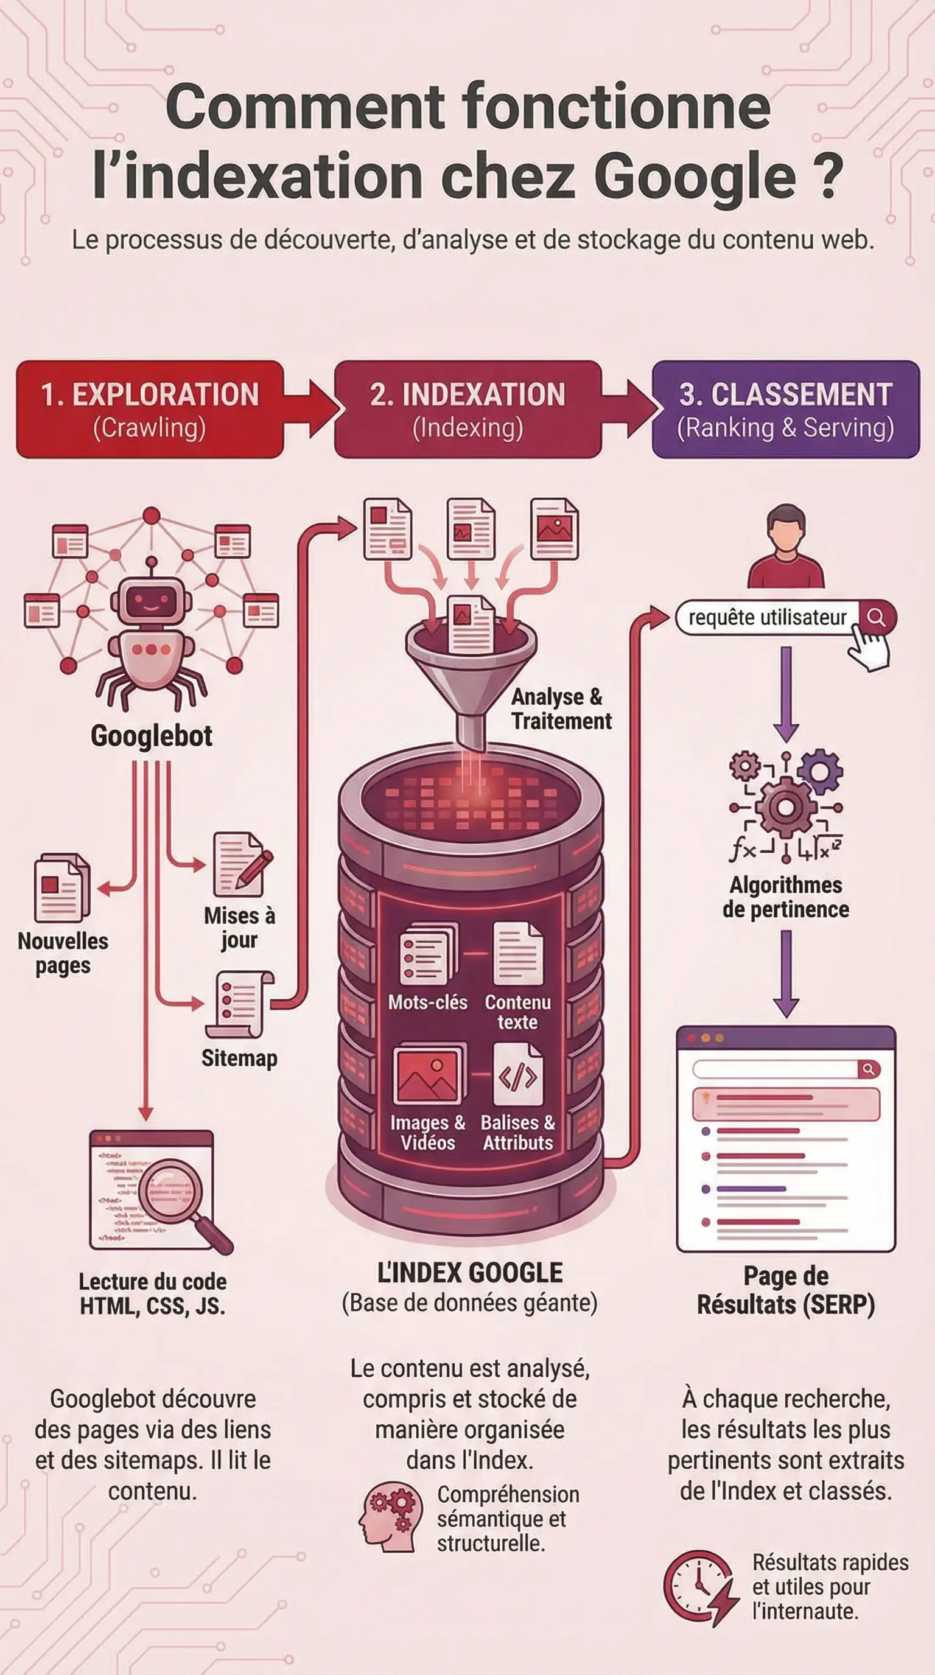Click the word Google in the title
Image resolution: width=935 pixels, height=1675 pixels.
[x=695, y=177]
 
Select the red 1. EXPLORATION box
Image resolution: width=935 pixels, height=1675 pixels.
[x=150, y=409]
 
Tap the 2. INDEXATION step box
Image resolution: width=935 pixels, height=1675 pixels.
[x=467, y=409]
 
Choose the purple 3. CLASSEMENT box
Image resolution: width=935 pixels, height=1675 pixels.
[x=785, y=409]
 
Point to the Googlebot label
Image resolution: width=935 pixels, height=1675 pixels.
[x=152, y=735]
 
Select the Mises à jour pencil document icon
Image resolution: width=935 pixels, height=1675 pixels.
[x=240, y=865]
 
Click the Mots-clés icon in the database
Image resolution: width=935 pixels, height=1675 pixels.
[x=427, y=955]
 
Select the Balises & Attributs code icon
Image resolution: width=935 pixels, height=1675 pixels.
[x=517, y=1075]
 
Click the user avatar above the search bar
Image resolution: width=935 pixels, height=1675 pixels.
[x=785, y=546]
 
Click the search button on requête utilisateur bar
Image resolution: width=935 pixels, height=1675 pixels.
[x=876, y=617]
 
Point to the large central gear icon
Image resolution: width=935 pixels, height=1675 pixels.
[x=785, y=807]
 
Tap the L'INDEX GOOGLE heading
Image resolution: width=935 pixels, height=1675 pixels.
[x=469, y=1273]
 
